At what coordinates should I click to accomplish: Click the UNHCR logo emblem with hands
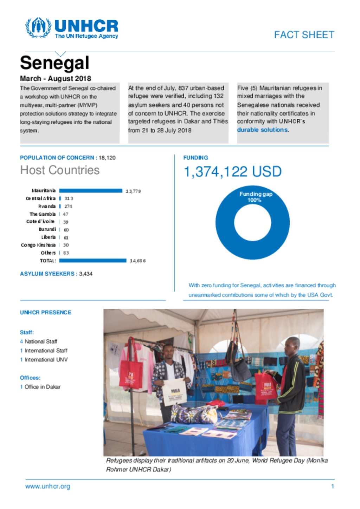(38, 27)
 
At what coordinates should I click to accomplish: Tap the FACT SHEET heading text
(304, 35)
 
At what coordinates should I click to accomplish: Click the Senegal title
(54, 63)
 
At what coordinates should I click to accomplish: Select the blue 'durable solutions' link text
(262, 130)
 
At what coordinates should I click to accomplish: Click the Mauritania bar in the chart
(91, 191)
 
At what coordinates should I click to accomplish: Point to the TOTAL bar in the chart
(92, 261)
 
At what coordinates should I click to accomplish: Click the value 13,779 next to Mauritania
(133, 191)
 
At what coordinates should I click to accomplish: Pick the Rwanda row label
(47, 206)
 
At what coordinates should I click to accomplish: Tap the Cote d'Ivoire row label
(40, 222)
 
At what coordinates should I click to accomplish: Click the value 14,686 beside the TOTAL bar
(137, 261)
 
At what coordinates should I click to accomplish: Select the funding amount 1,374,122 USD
(232, 172)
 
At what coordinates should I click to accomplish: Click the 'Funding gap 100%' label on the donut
(256, 197)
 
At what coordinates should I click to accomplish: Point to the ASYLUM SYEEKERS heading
(48, 274)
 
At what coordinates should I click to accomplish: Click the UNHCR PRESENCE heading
(46, 312)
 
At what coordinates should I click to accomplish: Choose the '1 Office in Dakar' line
(40, 387)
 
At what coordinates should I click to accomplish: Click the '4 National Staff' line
(39, 341)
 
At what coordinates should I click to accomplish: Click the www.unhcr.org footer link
(48, 487)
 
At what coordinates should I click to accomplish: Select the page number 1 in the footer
(332, 487)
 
